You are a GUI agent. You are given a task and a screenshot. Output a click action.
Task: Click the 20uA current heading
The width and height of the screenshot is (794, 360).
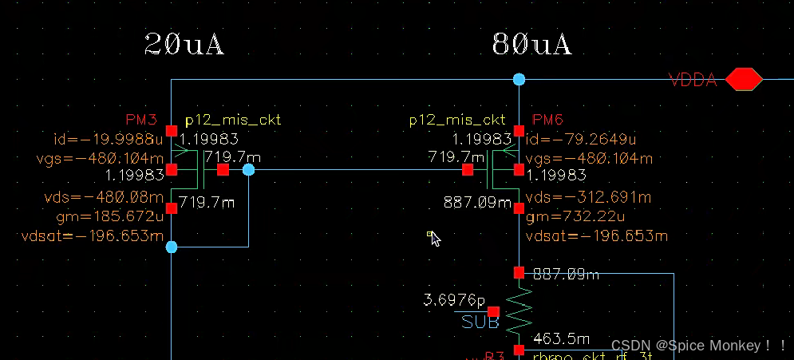[184, 44]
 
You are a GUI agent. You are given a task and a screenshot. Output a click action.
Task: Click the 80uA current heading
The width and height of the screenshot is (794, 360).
[531, 44]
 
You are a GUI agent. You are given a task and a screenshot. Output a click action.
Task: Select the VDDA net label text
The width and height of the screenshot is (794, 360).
[693, 80]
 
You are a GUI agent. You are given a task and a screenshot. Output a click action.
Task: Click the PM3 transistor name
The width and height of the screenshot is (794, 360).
[141, 121]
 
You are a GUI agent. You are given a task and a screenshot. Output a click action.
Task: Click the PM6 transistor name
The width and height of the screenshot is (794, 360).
[547, 121]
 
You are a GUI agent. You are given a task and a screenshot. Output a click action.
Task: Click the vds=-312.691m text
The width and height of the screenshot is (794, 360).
[589, 197]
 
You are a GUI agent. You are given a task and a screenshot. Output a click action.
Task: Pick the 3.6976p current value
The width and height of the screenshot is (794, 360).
[453, 301]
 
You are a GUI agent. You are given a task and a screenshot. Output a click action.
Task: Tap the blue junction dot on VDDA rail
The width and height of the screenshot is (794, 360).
[519, 79]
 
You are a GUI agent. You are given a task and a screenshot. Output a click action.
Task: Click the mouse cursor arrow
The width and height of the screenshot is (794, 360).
[434, 238]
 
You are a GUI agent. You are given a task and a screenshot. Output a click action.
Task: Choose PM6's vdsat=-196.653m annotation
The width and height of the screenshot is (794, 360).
[596, 236]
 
